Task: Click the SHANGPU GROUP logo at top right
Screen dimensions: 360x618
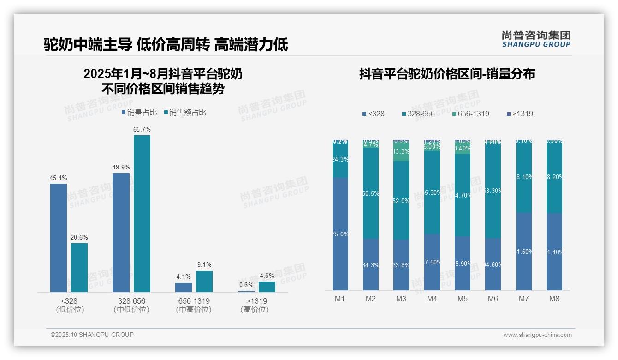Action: (536, 39)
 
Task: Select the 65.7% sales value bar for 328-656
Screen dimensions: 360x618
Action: (142, 213)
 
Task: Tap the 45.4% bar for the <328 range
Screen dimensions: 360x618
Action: (59, 238)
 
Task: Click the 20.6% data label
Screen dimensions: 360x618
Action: (79, 237)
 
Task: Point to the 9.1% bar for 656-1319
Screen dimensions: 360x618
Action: (204, 282)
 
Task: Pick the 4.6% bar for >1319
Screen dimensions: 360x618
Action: (267, 287)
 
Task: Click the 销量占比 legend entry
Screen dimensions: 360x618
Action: (139, 113)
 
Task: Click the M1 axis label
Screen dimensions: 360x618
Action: (340, 299)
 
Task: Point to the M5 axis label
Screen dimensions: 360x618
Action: (463, 299)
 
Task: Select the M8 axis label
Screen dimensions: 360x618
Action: (554, 299)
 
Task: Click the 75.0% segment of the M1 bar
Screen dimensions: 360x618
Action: (340, 234)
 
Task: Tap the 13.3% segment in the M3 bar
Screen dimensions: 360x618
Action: (401, 152)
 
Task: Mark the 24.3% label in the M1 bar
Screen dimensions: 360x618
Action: (340, 159)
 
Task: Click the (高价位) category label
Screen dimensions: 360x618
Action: (254, 310)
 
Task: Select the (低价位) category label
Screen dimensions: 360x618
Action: (70, 310)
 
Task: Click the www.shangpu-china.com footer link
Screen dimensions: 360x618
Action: (537, 335)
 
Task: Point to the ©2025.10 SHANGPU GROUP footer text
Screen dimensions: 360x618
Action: (92, 335)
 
